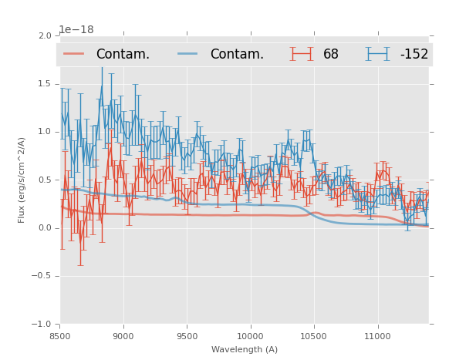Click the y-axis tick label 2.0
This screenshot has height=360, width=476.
click(45, 35)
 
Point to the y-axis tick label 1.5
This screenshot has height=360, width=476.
click(45, 84)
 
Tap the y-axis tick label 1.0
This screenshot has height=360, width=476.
click(45, 132)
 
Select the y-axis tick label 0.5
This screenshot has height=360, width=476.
click(45, 180)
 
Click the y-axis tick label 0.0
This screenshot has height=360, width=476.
click(45, 228)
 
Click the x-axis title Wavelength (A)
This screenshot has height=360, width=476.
click(245, 349)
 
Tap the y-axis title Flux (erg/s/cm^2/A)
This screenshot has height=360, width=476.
click(22, 180)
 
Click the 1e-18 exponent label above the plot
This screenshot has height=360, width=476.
click(76, 29)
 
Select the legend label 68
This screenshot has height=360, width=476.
click(330, 54)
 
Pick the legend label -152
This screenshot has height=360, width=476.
click(414, 54)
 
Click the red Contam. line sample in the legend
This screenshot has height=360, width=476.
click(74, 53)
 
